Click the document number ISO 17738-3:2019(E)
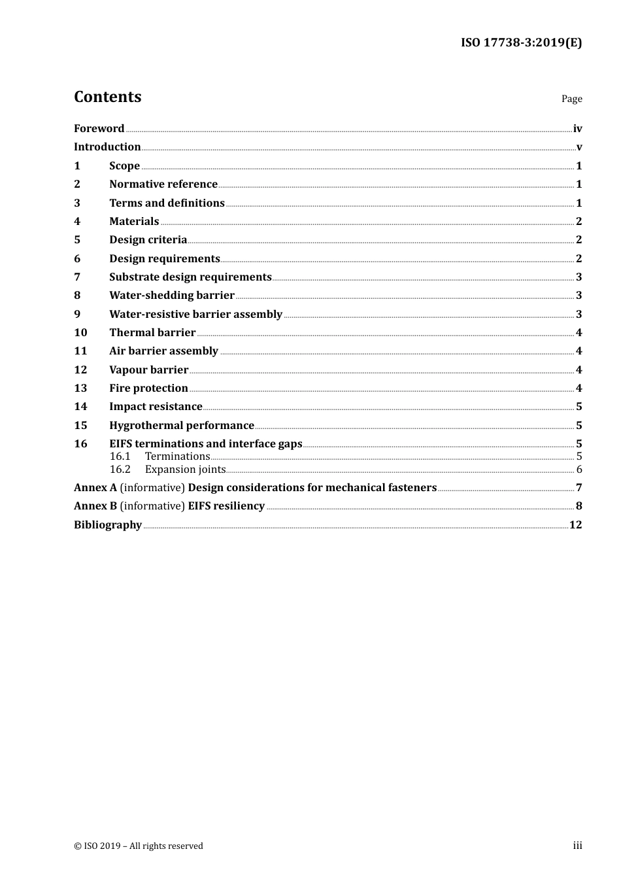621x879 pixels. pyautogui.click(x=521, y=43)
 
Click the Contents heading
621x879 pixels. pyautogui.click(x=107, y=97)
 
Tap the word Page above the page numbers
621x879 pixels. pyautogui.click(x=571, y=99)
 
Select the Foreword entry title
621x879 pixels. pyautogui.click(x=99, y=129)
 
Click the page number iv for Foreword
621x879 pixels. pyautogui.click(x=577, y=129)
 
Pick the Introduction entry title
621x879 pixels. pyautogui.click(x=107, y=147)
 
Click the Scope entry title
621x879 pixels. pyautogui.click(x=124, y=166)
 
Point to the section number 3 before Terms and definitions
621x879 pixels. pyautogui.click(x=77, y=203)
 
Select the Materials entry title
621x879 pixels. pyautogui.click(x=134, y=222)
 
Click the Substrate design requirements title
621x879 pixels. pyautogui.click(x=190, y=277)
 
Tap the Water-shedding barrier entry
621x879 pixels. pyautogui.click(x=172, y=296)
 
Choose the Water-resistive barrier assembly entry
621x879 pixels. pyautogui.click(x=195, y=315)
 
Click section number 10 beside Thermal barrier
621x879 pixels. pyautogui.click(x=80, y=333)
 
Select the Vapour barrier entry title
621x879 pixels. pyautogui.click(x=148, y=370)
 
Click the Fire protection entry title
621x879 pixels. pyautogui.click(x=148, y=388)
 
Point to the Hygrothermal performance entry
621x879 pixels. pyautogui.click(x=182, y=426)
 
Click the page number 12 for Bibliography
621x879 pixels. pyautogui.click(x=575, y=525)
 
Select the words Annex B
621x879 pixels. pyautogui.click(x=95, y=506)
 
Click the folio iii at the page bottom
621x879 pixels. pyautogui.click(x=577, y=846)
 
